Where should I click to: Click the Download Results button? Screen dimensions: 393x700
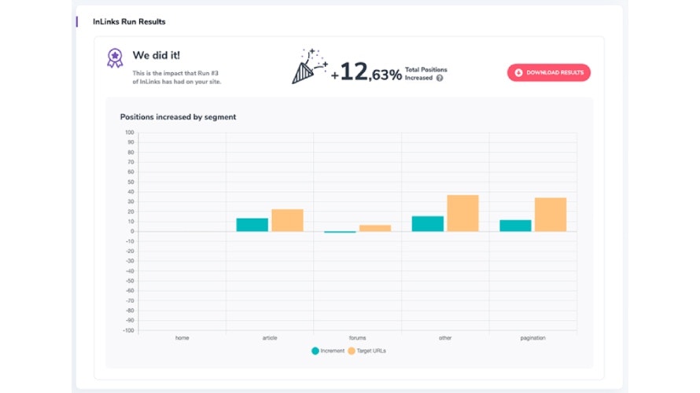click(548, 72)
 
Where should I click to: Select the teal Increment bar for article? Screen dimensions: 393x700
click(252, 225)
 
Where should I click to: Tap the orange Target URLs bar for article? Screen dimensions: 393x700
click(287, 220)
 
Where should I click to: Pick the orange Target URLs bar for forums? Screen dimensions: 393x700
click(375, 228)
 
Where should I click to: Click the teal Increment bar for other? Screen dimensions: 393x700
click(427, 224)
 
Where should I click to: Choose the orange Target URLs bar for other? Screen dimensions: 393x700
click(462, 213)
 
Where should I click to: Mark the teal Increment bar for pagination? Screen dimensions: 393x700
click(515, 226)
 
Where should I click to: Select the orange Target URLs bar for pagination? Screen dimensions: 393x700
click(551, 215)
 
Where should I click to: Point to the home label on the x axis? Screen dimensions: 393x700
click(182, 338)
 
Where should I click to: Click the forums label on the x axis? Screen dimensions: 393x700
click(357, 338)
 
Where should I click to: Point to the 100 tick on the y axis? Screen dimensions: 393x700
click(129, 133)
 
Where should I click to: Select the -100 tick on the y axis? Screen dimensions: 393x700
click(127, 330)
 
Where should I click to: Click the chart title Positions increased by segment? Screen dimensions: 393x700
click(178, 117)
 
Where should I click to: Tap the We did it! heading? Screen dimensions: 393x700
click(157, 56)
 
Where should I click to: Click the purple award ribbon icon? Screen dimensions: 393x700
click(115, 57)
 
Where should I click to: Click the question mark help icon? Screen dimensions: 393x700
click(440, 78)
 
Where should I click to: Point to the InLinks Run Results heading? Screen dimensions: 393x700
click(129, 21)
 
